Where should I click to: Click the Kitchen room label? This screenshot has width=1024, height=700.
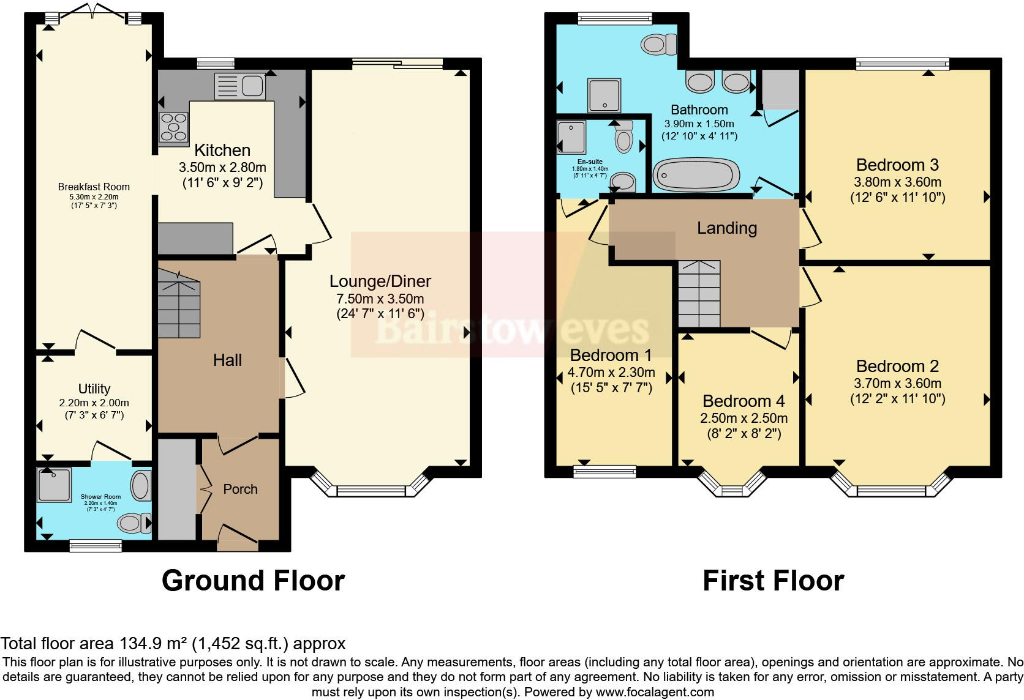222,151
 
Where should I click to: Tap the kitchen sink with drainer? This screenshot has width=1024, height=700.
239,86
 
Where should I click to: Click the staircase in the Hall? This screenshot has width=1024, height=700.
179,305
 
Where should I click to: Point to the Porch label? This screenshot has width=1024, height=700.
240,489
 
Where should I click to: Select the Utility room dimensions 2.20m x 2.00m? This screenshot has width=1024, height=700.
94,403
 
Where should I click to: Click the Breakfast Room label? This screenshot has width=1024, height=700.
94,187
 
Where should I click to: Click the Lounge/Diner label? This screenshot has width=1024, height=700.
380,281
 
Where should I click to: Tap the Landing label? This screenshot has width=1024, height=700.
727,228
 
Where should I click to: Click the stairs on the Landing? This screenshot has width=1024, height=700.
699,294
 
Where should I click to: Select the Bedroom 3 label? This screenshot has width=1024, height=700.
897,165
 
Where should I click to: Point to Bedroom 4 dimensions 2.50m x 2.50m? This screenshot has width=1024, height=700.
744,419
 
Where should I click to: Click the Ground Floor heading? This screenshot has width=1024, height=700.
253,581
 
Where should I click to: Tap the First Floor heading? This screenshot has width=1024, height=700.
773,581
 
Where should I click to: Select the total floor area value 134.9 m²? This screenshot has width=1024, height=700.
152,644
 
